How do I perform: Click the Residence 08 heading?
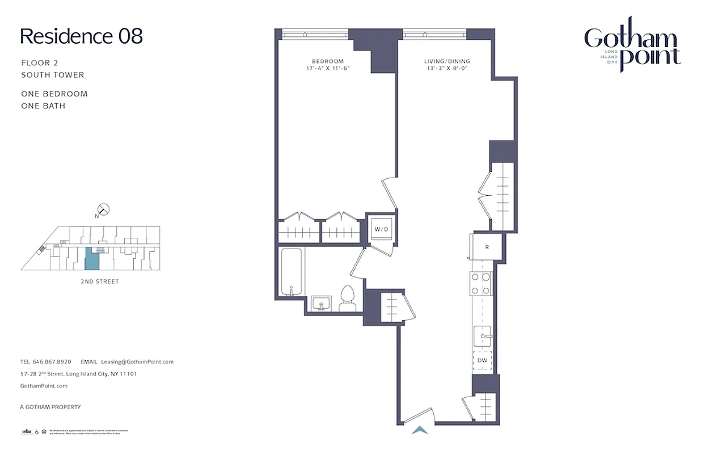click(81, 36)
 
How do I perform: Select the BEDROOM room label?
click(327, 61)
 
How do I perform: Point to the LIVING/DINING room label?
click(447, 61)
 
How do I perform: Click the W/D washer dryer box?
click(379, 229)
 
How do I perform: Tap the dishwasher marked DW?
click(482, 360)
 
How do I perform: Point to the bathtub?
click(292, 271)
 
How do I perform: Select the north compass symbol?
click(103, 209)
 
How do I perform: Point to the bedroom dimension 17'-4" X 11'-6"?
click(327, 69)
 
